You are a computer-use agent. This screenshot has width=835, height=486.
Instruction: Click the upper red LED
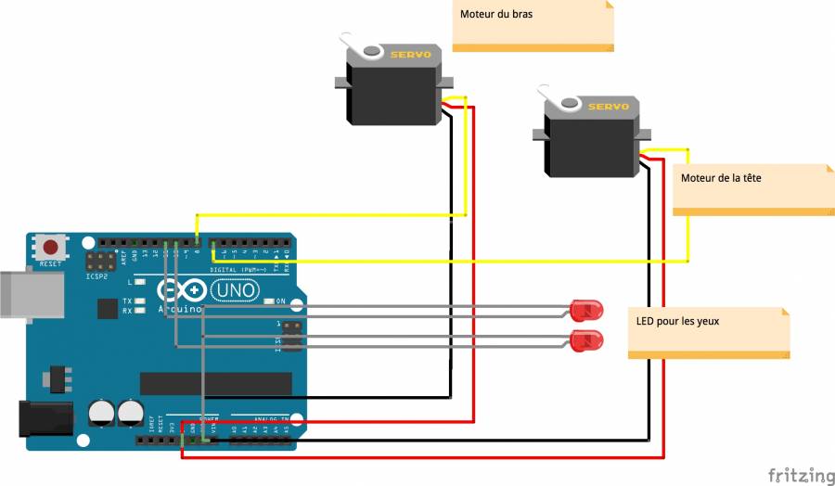coord(586,309)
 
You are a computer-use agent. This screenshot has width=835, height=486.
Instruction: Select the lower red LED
coord(586,339)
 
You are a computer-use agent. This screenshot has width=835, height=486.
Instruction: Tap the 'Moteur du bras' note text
coord(496,15)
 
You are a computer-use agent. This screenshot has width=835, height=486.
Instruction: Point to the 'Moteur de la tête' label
coord(721,177)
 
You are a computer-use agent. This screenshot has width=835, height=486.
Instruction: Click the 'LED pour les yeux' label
coord(678,321)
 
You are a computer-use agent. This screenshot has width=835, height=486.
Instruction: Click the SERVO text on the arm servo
coord(411,55)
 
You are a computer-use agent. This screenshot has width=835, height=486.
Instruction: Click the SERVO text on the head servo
coord(609,107)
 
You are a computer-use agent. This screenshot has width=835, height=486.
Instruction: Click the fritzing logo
coord(801,475)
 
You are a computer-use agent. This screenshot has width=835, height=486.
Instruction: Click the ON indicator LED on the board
coord(268,301)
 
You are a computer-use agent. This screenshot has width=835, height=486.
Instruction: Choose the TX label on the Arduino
coord(127,301)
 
